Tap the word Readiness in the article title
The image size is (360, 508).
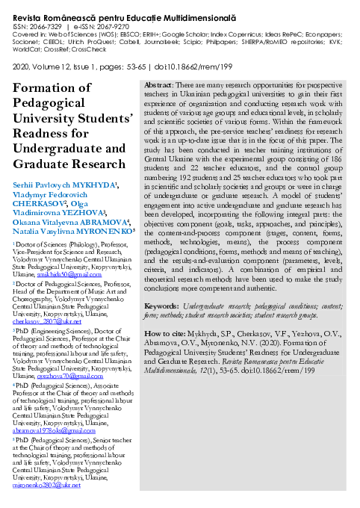point(41,135)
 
